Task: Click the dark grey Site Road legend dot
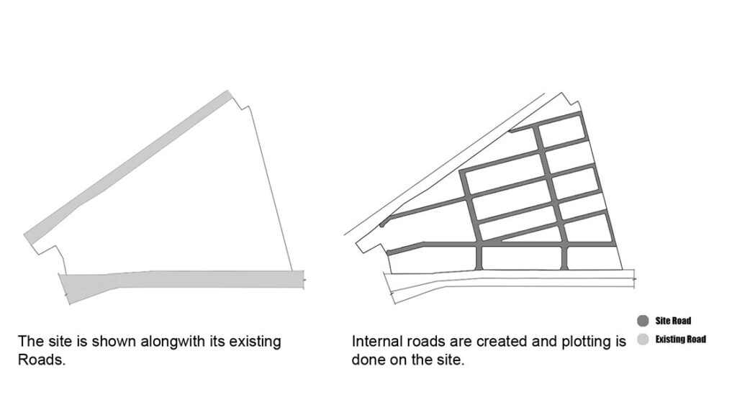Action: [643, 321]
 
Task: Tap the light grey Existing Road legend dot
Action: [643, 339]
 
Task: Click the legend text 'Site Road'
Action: [673, 321]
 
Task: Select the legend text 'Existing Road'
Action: [681, 339]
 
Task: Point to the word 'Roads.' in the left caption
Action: [41, 360]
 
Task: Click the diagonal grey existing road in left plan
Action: [127, 168]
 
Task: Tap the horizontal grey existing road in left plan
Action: [181, 281]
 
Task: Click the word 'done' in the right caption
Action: [368, 360]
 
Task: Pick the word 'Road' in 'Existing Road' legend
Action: [695, 339]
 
